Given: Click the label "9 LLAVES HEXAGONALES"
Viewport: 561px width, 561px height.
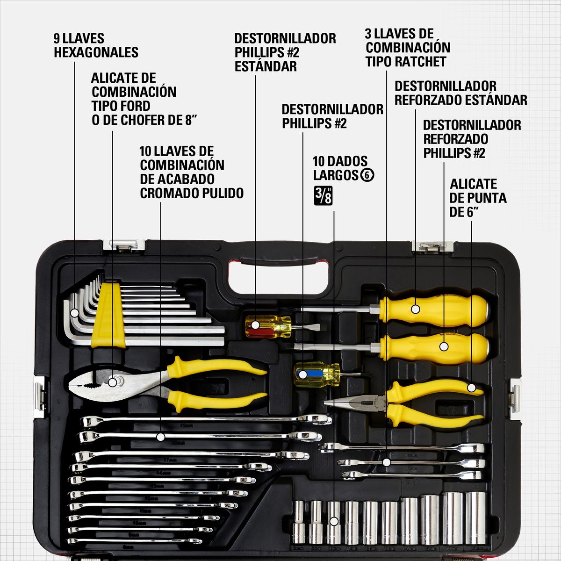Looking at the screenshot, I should click(x=96, y=45).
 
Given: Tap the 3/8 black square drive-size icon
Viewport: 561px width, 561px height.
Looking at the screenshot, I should click(x=324, y=195).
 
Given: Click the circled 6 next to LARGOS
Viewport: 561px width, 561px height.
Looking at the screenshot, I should click(x=368, y=175).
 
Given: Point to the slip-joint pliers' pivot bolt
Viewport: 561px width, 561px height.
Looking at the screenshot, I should click(x=113, y=382).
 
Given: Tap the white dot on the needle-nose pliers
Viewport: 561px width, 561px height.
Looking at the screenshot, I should click(x=471, y=388).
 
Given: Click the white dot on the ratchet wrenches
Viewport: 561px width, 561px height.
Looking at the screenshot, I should click(x=387, y=462).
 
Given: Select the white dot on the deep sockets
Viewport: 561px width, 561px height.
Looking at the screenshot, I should click(x=334, y=521).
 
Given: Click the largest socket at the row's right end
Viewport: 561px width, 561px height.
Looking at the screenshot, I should click(x=475, y=518).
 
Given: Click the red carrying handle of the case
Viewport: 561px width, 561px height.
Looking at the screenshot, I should click(x=279, y=263).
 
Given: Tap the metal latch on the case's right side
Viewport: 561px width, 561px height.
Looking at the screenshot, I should click(x=515, y=398).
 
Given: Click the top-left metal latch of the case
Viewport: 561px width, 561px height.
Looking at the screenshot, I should click(x=124, y=245).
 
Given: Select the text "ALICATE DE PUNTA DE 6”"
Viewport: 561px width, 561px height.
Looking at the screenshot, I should click(x=477, y=198).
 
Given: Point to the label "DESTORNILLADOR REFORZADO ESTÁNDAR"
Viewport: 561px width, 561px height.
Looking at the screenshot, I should click(x=460, y=93).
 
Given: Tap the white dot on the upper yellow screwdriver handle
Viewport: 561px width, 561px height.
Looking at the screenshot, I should click(x=415, y=309).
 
